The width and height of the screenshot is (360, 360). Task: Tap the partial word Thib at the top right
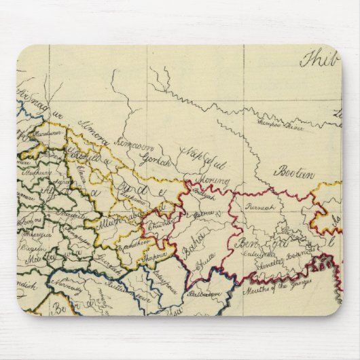(x=319, y=60)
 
